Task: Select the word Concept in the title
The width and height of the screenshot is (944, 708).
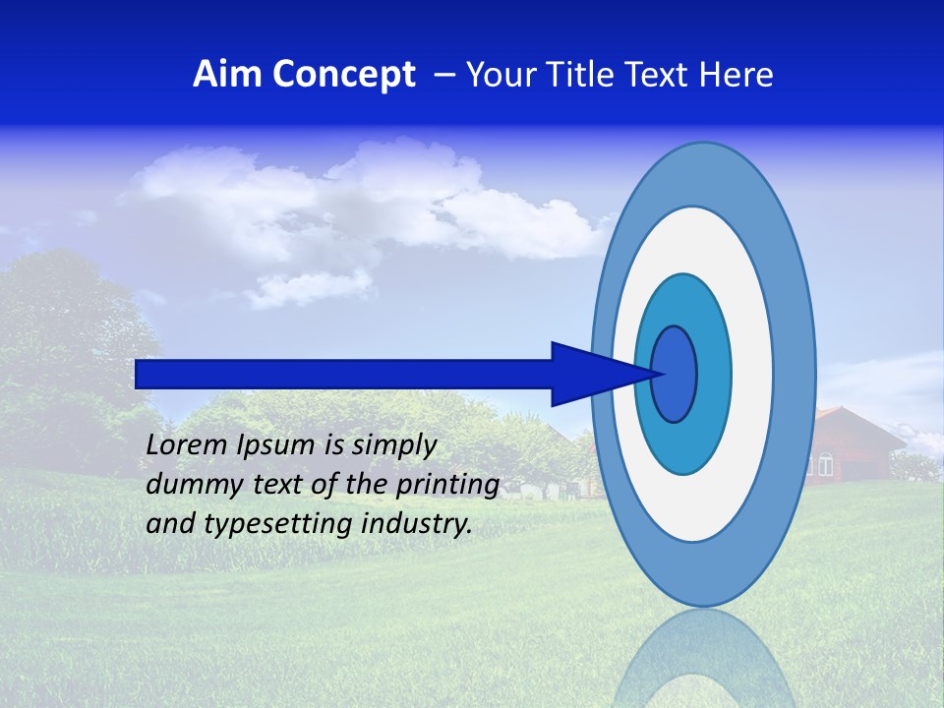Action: [x=345, y=75]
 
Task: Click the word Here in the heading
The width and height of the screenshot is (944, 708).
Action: [x=737, y=75]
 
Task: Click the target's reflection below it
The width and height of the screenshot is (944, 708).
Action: [x=703, y=659]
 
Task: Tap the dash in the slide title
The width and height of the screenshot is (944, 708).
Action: [x=443, y=76]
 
